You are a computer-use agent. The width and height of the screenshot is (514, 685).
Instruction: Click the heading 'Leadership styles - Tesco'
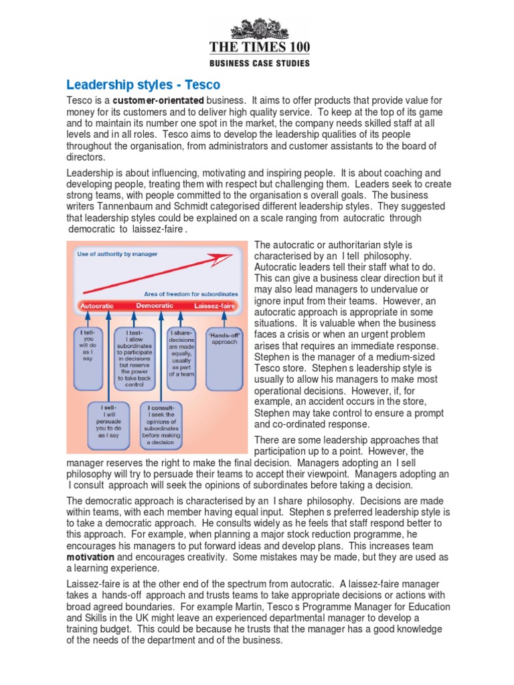pos(143,85)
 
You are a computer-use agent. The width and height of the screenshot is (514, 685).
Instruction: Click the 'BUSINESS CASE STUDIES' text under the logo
pos(261,64)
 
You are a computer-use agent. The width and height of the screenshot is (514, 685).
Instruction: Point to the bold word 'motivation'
pos(90,557)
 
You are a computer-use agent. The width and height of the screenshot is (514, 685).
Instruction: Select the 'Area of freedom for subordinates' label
pos(191,294)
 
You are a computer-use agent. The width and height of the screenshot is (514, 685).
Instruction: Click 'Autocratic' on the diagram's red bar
pos(96,306)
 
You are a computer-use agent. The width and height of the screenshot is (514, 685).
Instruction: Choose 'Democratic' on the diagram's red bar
pos(154,306)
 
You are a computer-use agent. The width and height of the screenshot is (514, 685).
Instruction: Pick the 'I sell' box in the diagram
pos(110,425)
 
